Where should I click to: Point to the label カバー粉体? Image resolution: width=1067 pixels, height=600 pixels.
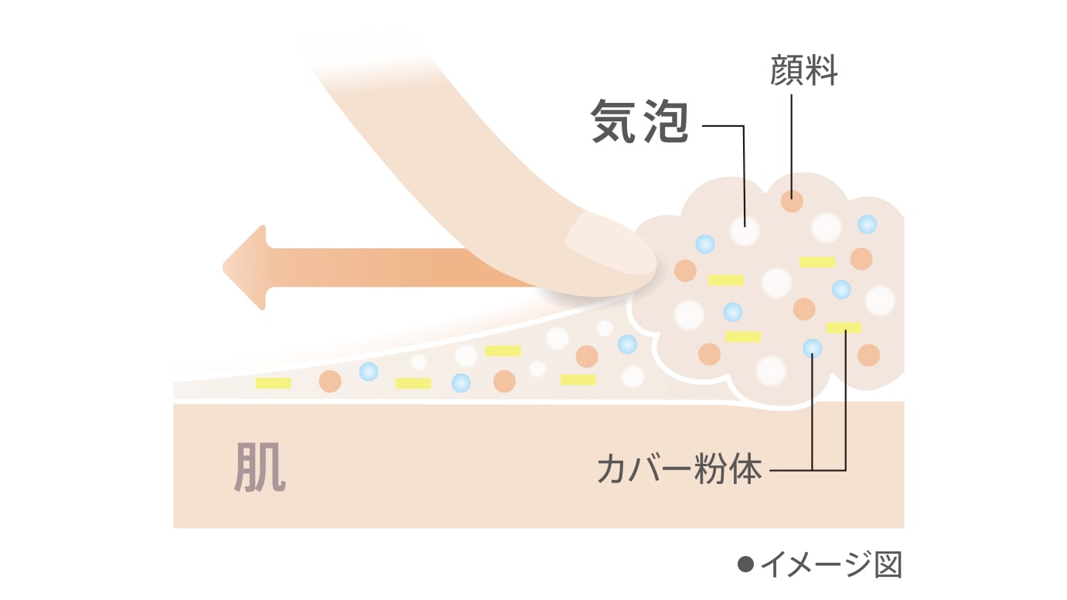pos(680,469)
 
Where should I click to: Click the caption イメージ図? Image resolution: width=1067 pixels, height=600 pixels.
pos(830,565)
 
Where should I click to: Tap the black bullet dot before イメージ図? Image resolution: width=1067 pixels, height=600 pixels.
pos(745,565)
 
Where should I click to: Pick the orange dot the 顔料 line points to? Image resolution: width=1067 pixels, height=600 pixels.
pos(792,201)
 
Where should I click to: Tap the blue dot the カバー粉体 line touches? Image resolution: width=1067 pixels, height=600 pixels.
pos(812,349)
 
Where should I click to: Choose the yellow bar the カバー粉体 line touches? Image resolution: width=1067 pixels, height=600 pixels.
pos(844,327)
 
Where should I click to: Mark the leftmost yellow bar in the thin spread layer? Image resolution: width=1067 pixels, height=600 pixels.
pos(273,383)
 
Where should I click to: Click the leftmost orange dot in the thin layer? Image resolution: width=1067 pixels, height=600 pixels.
pos(330,381)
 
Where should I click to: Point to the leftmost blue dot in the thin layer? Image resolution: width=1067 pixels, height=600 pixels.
pos(369,372)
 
